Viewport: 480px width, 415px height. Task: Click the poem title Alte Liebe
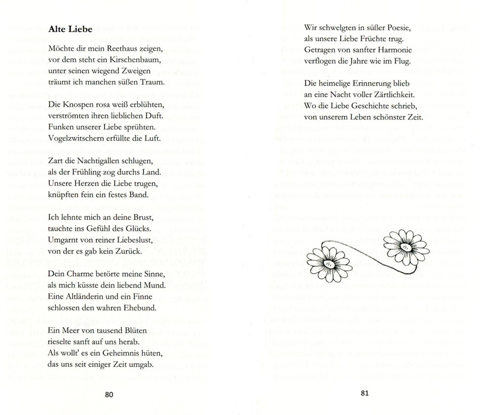tap(70, 30)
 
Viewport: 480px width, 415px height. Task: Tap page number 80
tap(109, 394)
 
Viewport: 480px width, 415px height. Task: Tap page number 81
tap(365, 393)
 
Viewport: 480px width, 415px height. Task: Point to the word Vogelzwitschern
tap(75, 137)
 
